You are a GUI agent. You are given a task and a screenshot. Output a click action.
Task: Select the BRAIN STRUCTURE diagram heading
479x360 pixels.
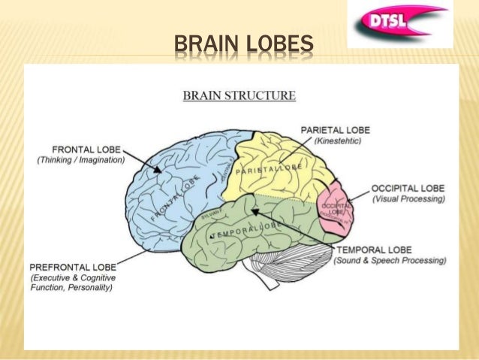pyautogui.click(x=239, y=95)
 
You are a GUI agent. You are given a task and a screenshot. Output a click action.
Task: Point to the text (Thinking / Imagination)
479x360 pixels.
pyautogui.click(x=81, y=160)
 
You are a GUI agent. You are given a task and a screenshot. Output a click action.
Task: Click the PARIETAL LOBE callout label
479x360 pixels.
pyautogui.click(x=335, y=130)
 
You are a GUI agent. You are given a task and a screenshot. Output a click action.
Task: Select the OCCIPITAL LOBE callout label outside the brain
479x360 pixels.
pyautogui.click(x=408, y=188)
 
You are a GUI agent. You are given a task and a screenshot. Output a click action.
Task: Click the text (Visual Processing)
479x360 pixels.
pyautogui.click(x=408, y=199)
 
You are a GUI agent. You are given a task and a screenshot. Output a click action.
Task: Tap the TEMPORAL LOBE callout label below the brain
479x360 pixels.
pyautogui.click(x=373, y=250)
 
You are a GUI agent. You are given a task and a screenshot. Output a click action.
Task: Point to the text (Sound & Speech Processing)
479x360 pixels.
pyautogui.click(x=390, y=261)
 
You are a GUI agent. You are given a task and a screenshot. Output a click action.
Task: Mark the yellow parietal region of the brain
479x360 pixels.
pyautogui.click(x=278, y=162)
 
